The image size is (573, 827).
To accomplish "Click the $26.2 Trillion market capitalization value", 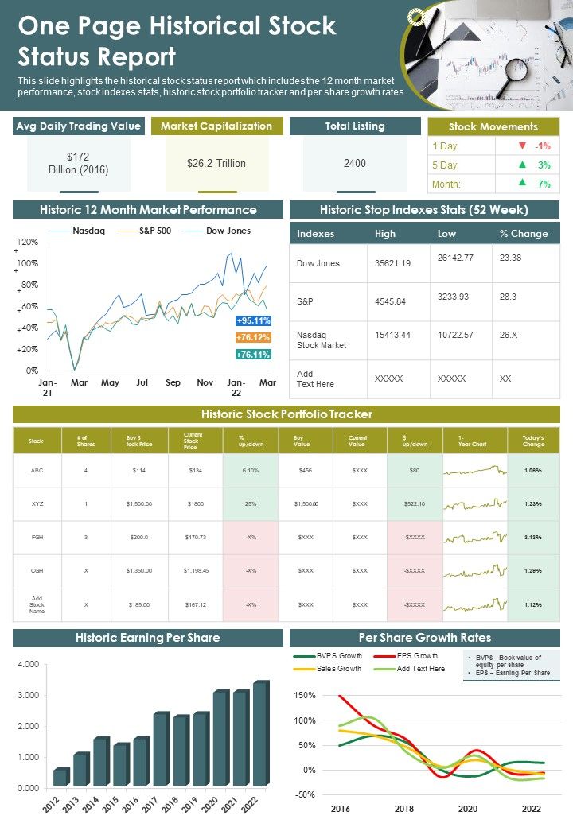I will pos(216,163).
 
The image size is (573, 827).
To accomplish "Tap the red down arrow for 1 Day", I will pos(522,146).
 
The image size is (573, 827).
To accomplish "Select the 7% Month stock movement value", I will pos(544,184).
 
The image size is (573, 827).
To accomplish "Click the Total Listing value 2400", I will pos(355,163).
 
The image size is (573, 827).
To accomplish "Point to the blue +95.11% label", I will pos(254,320).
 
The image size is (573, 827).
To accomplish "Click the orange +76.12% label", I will pos(254,337).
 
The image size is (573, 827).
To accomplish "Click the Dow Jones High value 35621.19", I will pos(392,263).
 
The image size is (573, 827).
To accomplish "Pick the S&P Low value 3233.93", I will pos(454,297).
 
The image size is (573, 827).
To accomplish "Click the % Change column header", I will pos(524,234).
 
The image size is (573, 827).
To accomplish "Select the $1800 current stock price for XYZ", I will pos(195,503).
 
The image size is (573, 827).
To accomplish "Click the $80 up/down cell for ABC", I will pos(415,470).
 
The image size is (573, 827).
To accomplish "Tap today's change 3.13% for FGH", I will pos(533,537).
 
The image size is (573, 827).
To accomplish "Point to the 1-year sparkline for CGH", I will pos(474,571).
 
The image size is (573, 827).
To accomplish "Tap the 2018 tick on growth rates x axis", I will pos(404,808).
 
